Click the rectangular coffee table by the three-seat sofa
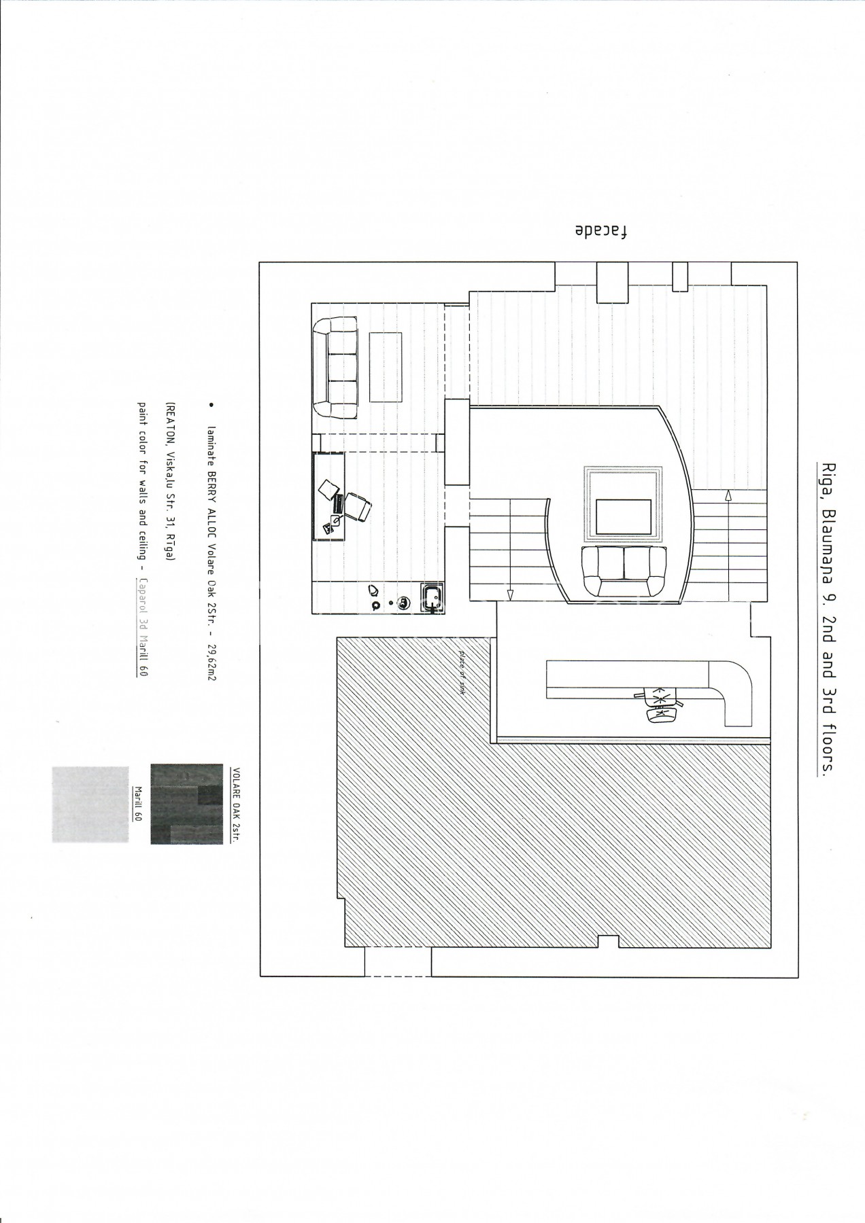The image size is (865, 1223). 385,367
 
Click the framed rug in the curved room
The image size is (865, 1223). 623,504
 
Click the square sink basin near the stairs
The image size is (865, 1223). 432,599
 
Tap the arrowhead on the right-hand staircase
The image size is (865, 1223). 728,496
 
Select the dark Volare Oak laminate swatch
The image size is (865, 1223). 187,806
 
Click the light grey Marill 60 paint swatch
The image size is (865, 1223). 90,805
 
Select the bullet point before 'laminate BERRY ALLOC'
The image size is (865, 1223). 212,405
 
